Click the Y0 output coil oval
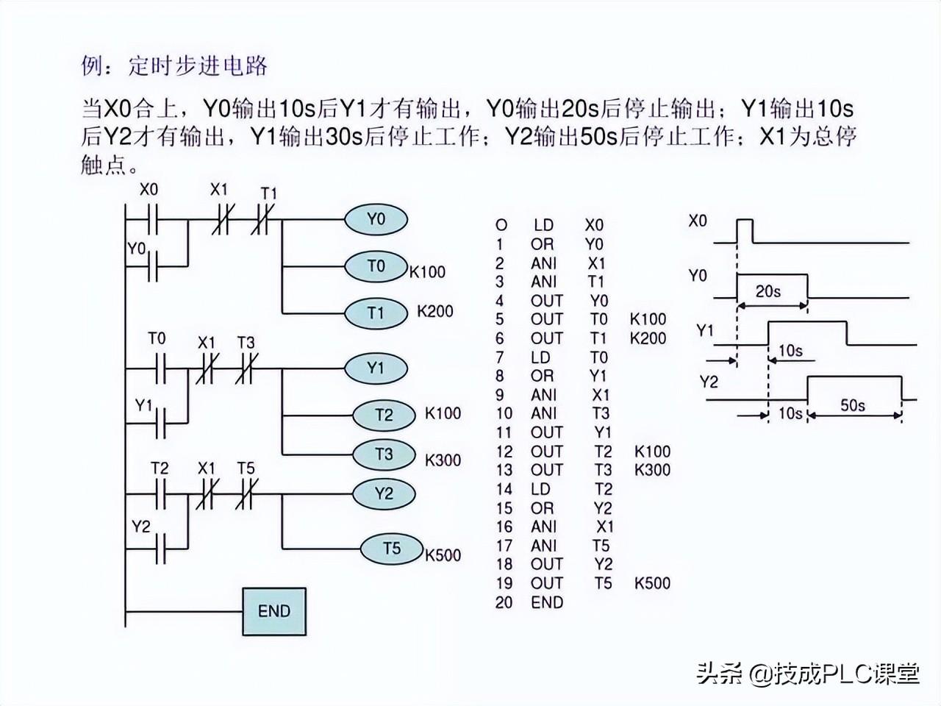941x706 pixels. point(376,219)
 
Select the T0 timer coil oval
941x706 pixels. point(376,266)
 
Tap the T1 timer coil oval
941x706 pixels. point(376,313)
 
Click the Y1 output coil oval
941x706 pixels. point(376,367)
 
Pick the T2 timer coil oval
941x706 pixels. point(384,415)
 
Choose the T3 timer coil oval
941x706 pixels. point(384,454)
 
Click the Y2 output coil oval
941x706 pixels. point(384,493)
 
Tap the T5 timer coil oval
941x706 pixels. point(392,549)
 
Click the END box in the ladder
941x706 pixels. point(274,611)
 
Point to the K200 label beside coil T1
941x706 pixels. point(435,311)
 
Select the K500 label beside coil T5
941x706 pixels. point(443,555)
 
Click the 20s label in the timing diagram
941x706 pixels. point(768,291)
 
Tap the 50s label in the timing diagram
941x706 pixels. point(853,404)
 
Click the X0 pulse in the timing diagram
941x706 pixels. point(745,229)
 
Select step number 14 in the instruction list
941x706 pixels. point(504,489)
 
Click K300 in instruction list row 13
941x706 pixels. point(652,470)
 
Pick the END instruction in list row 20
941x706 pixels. point(547,602)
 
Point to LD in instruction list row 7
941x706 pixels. point(540,357)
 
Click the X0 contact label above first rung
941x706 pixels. point(149,190)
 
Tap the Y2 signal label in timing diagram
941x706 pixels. point(709,382)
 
